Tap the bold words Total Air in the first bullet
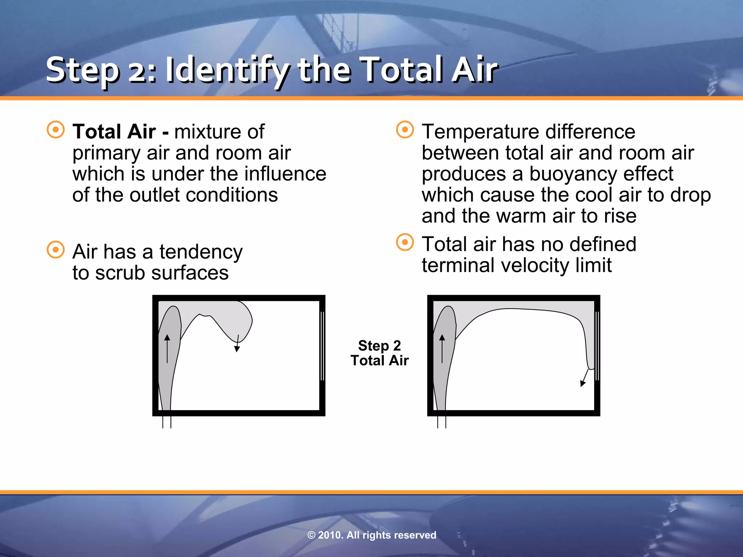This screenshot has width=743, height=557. point(114,131)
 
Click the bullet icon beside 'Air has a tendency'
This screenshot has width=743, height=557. point(56,250)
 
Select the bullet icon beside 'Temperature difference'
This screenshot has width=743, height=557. point(405,129)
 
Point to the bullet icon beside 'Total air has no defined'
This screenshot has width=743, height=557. point(405,242)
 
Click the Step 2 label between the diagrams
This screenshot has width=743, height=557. point(379,346)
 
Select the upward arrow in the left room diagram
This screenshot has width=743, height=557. point(167,348)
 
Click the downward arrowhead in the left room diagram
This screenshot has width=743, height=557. point(237,349)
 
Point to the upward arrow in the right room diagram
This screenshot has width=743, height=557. point(442,348)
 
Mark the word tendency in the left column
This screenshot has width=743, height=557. point(201,252)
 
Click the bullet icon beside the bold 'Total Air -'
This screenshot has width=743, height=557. point(56,129)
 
